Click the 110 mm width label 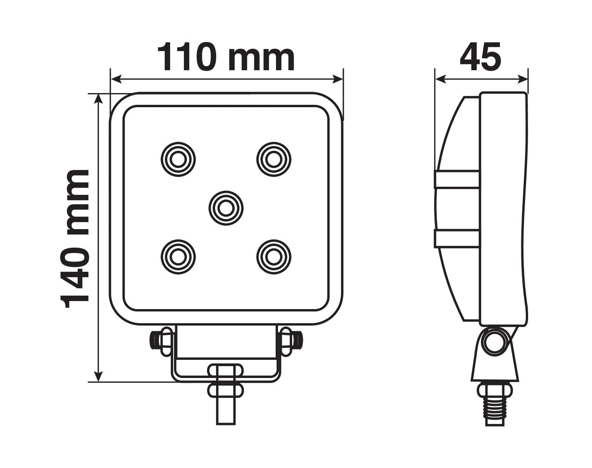click(x=226, y=57)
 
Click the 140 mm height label click(x=76, y=239)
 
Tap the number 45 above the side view click(x=480, y=57)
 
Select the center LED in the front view click(x=226, y=208)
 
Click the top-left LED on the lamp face click(x=178, y=159)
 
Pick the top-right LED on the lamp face click(x=274, y=159)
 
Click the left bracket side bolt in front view click(x=160, y=339)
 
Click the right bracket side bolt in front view click(x=291, y=339)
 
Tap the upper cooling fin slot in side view click(x=457, y=179)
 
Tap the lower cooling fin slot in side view click(x=457, y=238)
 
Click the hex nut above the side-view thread click(x=494, y=390)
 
